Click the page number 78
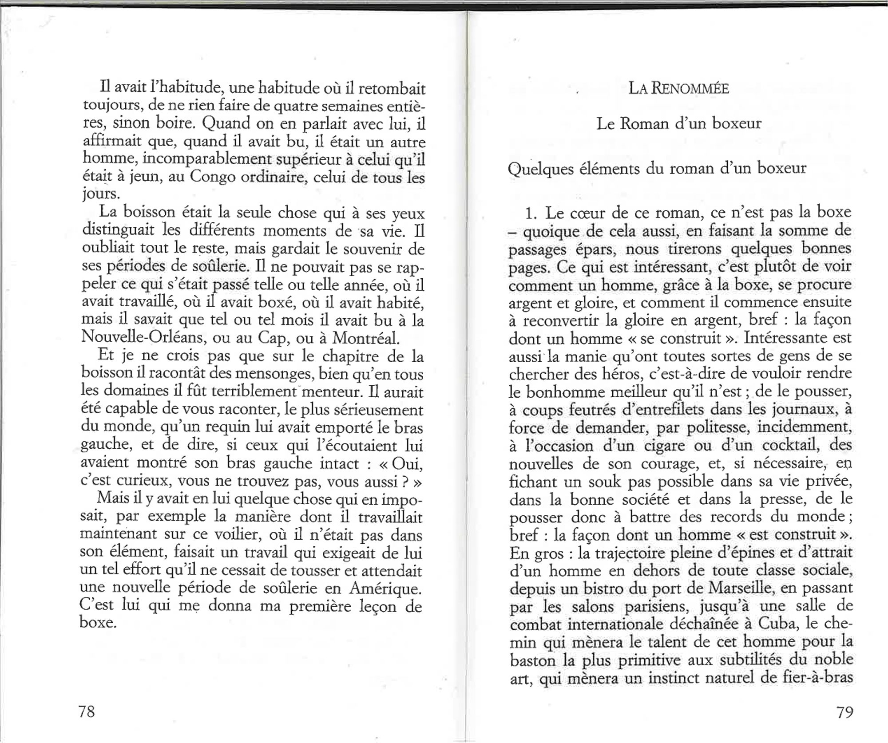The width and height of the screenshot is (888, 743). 87,711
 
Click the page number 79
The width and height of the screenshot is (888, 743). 844,712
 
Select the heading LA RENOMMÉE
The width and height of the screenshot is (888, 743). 678,89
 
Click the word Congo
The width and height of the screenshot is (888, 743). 212,177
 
